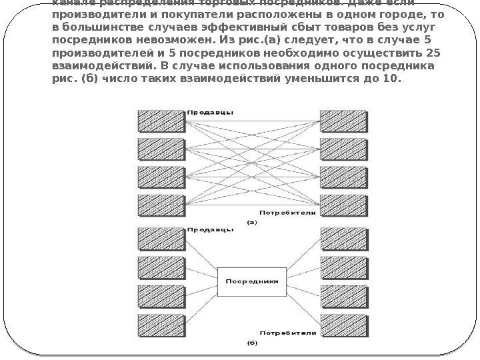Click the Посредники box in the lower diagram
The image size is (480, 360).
click(252, 281)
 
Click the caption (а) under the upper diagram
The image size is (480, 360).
click(252, 223)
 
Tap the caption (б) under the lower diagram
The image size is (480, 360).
click(252, 344)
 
